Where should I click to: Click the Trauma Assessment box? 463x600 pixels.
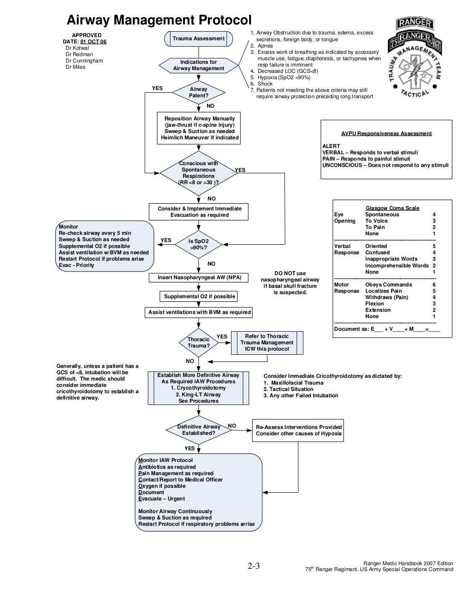pos(198,38)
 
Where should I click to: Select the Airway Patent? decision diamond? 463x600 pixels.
pos(198,92)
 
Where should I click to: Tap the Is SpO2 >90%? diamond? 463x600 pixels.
pos(198,244)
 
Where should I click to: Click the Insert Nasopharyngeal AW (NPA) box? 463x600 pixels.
pos(199,277)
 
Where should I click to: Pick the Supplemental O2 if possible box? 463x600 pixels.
pos(199,296)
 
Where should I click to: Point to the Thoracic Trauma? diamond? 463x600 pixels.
pos(198,343)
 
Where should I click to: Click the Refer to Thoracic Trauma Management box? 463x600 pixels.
pos(267,343)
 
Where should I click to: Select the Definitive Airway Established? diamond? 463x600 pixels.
pos(198,430)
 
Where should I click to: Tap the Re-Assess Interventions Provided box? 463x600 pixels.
pos(298,430)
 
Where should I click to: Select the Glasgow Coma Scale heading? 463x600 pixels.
pos(392,208)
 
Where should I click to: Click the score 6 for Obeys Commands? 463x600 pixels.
pos(434,285)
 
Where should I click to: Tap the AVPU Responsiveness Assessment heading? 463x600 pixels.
pos(386,133)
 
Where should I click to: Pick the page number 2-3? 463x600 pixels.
pos(253,566)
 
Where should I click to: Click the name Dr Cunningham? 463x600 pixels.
pos(84,61)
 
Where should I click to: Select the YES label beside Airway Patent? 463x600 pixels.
pos(157,88)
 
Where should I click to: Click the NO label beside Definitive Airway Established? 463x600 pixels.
pos(232,426)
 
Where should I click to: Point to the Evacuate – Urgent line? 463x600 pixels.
pos(161,499)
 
